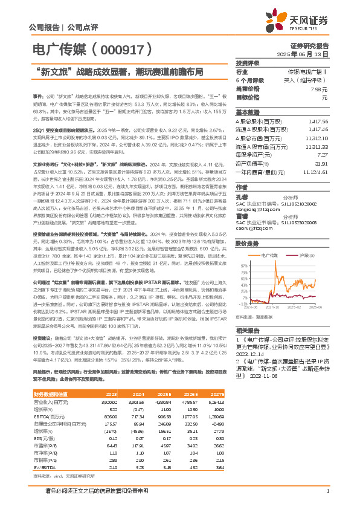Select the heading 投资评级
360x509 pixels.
pyautogui.click(x=248, y=63)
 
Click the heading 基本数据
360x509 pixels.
pyautogui.click(x=248, y=112)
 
